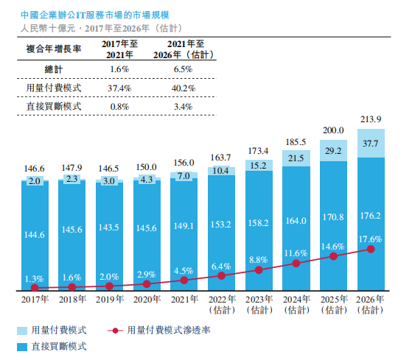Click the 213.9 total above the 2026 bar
click(x=371, y=121)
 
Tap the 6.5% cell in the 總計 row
click(x=184, y=69)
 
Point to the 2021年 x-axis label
click(x=184, y=300)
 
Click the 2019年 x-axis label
click(x=108, y=300)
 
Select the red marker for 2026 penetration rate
click(x=371, y=250)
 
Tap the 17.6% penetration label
click(x=371, y=238)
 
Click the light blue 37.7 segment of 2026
click(x=371, y=144)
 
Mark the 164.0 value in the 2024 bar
click(x=296, y=220)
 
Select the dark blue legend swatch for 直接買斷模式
click(x=24, y=345)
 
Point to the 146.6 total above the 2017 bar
click(x=34, y=169)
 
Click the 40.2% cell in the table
click(x=184, y=88)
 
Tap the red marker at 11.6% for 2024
click(x=296, y=263)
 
